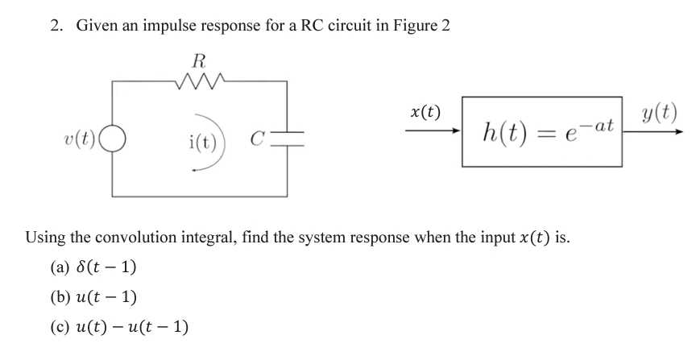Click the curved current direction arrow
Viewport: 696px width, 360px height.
pos(219,149)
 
